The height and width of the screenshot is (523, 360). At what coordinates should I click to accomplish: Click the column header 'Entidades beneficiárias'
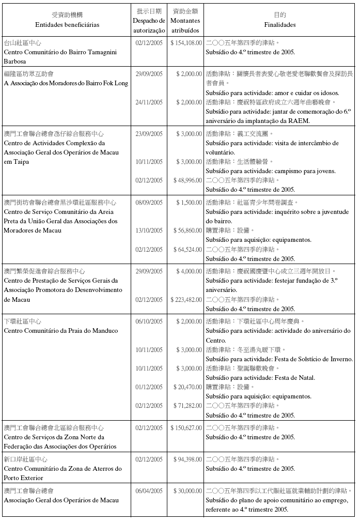[67, 24]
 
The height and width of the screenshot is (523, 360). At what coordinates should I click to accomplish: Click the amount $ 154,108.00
[186, 43]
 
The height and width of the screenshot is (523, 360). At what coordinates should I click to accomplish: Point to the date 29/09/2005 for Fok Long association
[149, 74]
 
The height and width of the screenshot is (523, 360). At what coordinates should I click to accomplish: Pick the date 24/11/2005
[149, 102]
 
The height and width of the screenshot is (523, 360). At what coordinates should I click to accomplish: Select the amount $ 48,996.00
[187, 180]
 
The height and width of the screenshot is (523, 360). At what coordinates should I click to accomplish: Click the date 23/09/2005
[149, 134]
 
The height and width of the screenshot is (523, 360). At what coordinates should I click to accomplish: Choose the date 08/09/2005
[149, 203]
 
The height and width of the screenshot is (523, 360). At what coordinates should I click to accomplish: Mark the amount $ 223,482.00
[186, 299]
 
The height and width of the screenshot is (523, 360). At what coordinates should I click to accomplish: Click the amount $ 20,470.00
[187, 387]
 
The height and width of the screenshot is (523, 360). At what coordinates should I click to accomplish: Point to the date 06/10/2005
[149, 321]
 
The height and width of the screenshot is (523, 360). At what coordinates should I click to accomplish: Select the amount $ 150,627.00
[186, 428]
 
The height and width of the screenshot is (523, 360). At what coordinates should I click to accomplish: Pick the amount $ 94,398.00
[187, 459]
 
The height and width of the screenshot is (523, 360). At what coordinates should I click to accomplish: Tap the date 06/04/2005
[149, 490]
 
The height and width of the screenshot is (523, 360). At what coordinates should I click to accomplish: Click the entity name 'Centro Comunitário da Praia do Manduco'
[61, 331]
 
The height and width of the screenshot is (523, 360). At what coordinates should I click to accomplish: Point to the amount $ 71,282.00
[187, 406]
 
